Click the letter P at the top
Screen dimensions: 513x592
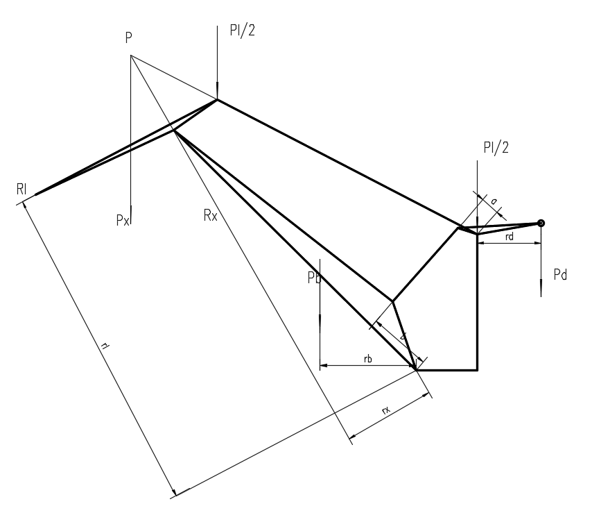click(x=129, y=39)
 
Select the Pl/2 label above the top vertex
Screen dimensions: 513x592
click(x=243, y=31)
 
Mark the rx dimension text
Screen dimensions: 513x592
click(x=385, y=412)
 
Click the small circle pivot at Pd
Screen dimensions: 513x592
click(x=541, y=223)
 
